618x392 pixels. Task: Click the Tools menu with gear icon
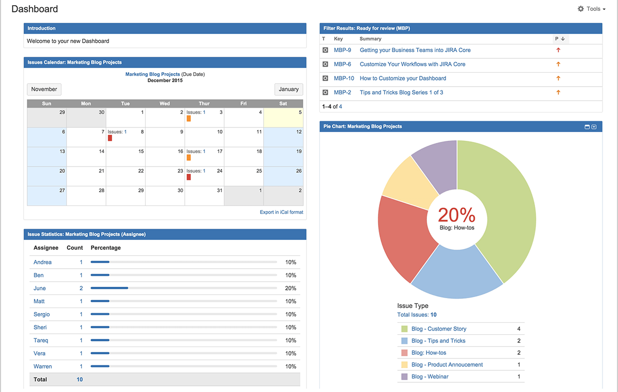(591, 9)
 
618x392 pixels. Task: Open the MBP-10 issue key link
(344, 78)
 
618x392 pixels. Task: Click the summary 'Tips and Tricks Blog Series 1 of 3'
(401, 92)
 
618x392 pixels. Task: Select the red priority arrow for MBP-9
(558, 50)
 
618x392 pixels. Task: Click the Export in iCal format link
(281, 212)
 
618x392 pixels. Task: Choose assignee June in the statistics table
(40, 288)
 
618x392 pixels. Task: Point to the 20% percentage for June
(290, 288)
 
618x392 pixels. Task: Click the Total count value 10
(80, 380)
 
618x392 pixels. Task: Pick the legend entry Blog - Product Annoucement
(447, 365)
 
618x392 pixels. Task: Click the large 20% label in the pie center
(456, 215)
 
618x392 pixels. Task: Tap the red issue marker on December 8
(110, 138)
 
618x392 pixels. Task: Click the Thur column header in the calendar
(204, 104)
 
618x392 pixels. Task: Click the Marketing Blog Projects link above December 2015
(152, 74)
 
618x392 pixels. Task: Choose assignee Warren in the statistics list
(43, 366)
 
